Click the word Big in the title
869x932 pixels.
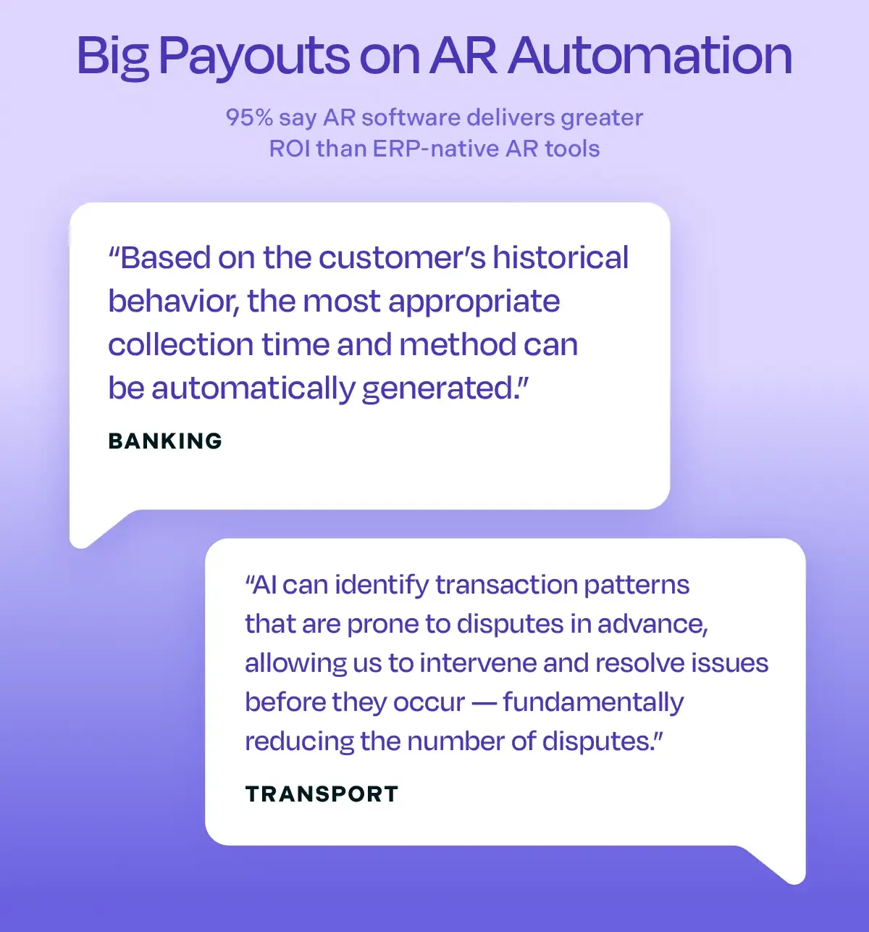(x=112, y=57)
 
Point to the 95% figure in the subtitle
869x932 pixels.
(x=249, y=117)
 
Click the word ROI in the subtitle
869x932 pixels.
(x=290, y=149)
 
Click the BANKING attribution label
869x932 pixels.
(x=165, y=441)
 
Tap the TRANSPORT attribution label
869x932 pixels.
(x=322, y=794)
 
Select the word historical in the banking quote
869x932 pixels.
(x=561, y=257)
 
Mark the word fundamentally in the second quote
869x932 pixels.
(x=593, y=702)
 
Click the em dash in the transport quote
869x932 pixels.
(x=484, y=702)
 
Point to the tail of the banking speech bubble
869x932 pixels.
(x=91, y=533)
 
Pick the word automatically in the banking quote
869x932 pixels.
(x=253, y=389)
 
